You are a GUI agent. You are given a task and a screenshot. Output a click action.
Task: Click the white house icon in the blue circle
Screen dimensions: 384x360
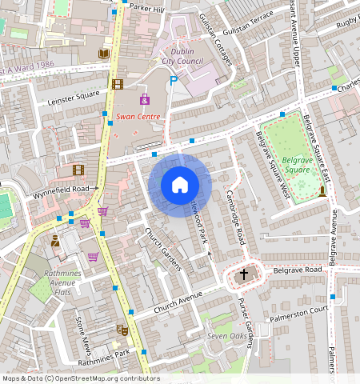pyautogui.click(x=180, y=185)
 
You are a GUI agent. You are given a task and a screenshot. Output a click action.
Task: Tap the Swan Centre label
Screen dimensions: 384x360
pyautogui.click(x=138, y=117)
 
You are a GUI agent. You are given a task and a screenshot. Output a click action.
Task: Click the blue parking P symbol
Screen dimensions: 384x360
pyautogui.click(x=173, y=80)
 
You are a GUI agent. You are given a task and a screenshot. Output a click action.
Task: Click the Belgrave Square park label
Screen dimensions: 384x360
pyautogui.click(x=297, y=164)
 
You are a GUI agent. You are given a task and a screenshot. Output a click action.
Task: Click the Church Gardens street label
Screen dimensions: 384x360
pyautogui.click(x=162, y=248)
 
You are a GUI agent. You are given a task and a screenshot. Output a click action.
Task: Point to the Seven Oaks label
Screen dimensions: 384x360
pyautogui.click(x=228, y=336)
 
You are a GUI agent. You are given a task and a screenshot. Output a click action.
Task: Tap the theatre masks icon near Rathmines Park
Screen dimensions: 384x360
pyautogui.click(x=122, y=329)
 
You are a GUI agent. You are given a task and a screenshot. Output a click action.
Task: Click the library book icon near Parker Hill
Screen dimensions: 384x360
pyautogui.click(x=103, y=54)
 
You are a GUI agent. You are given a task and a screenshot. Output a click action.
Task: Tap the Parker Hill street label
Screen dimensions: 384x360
pyautogui.click(x=146, y=9)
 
